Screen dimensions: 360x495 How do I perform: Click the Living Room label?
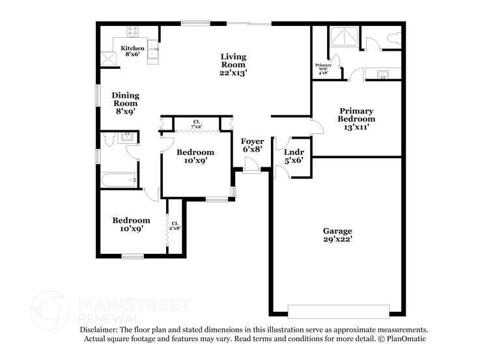pyautogui.click(x=233, y=64)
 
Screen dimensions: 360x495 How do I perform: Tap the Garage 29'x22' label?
pyautogui.click(x=337, y=235)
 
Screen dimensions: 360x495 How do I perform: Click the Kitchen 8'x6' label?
pyautogui.click(x=132, y=52)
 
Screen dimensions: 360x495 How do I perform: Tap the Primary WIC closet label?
pyautogui.click(x=323, y=68)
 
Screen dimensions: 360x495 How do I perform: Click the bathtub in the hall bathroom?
pyautogui.click(x=119, y=180)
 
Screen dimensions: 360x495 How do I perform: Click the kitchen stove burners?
pyautogui.click(x=132, y=31)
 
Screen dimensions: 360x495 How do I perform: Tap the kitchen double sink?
pyautogui.click(x=152, y=50)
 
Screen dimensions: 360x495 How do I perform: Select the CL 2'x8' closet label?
pyautogui.click(x=175, y=225)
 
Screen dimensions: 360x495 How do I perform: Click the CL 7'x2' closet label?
pyautogui.click(x=196, y=123)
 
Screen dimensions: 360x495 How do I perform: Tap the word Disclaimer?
pyautogui.click(x=99, y=330)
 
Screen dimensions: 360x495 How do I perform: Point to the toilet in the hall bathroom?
pyautogui.click(x=109, y=138)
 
